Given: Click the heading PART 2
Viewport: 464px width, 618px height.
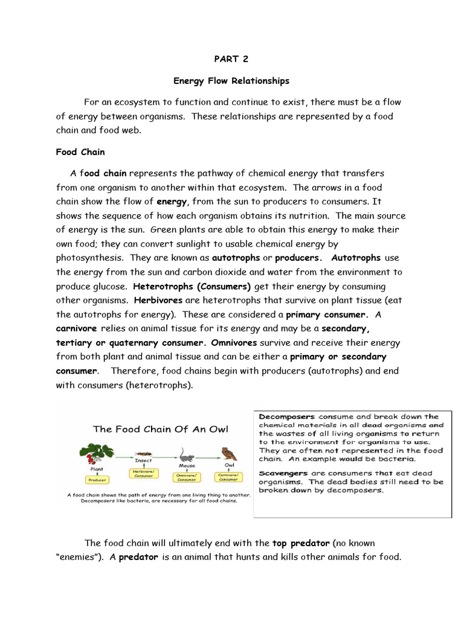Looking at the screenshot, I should [231, 59].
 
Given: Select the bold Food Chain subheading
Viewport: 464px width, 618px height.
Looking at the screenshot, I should [80, 152].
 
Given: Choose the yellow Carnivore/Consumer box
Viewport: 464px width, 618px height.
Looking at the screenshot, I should [228, 477].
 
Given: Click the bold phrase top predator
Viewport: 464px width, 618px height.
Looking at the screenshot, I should [301, 543].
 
